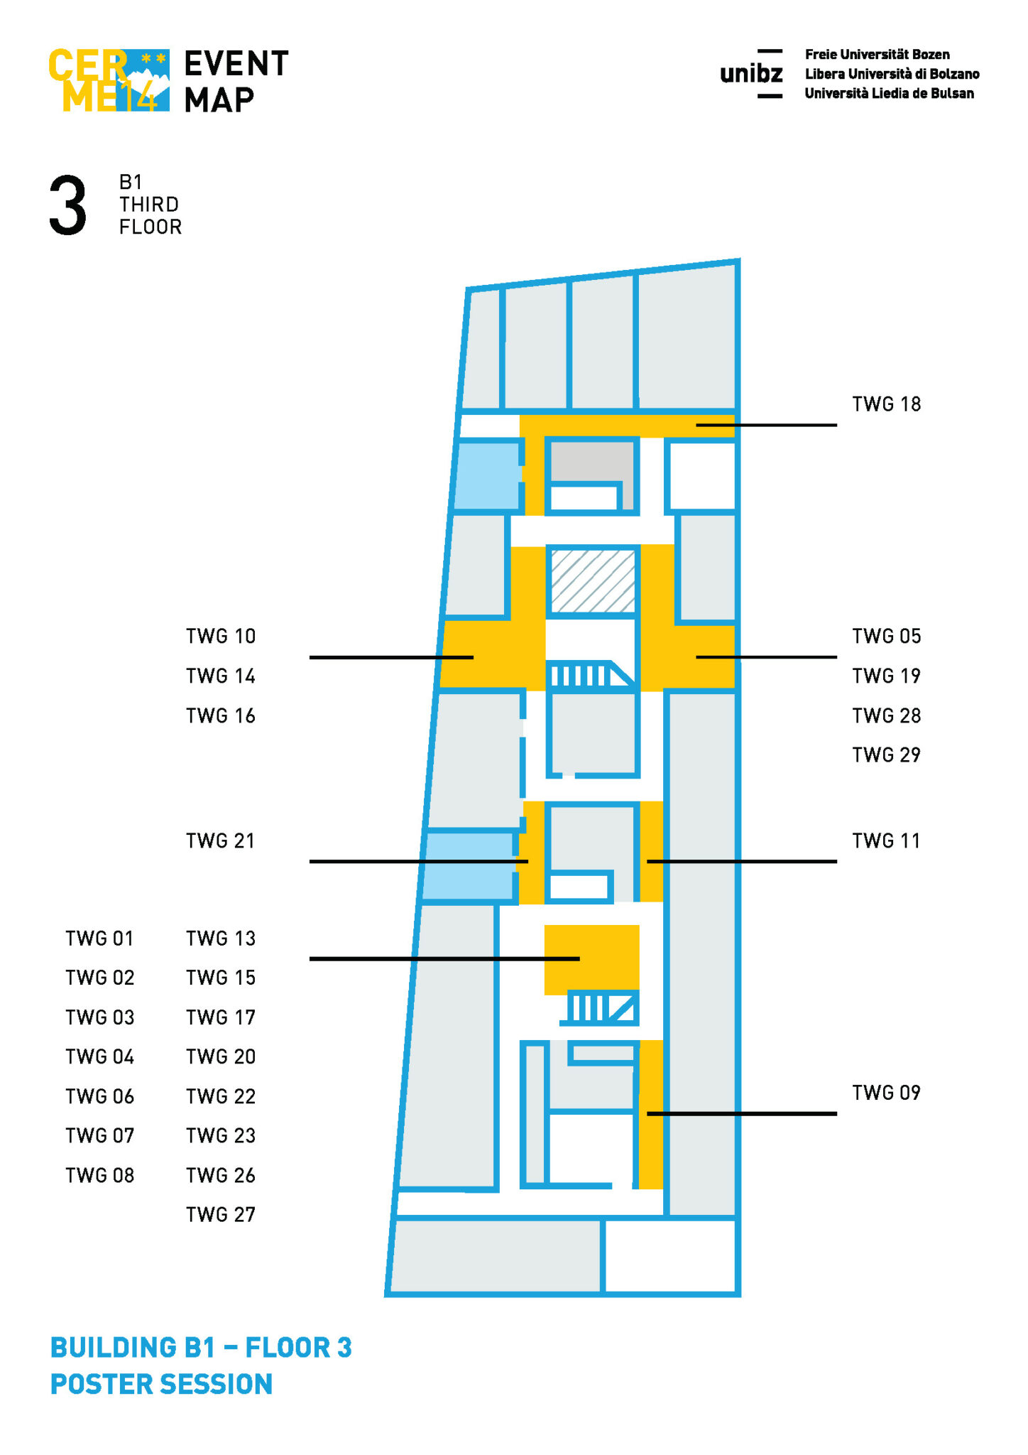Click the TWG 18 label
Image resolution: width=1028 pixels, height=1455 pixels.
pos(886,404)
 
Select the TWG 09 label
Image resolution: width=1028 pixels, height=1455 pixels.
pos(886,1093)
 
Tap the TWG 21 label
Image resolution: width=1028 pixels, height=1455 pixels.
pos(220,841)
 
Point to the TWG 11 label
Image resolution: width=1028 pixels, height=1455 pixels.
pos(886,841)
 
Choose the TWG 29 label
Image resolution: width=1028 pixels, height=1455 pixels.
pos(886,754)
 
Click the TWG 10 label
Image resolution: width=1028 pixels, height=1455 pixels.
pos(220,637)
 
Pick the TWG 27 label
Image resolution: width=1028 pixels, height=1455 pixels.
pos(220,1215)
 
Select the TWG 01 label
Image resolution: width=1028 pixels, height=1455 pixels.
pos(99,939)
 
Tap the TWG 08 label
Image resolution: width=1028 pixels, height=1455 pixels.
pos(99,1176)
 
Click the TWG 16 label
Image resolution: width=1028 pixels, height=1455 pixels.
pos(220,715)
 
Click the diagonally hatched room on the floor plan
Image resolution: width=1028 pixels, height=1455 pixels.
pos(593,581)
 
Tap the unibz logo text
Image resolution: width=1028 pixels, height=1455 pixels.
pos(751,73)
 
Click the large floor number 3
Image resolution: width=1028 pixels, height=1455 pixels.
pos(68,206)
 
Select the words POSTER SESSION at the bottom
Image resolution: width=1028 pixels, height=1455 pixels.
pos(161,1384)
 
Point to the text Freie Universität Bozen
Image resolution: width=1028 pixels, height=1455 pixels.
pos(877,55)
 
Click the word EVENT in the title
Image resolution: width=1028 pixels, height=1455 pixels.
pos(236,63)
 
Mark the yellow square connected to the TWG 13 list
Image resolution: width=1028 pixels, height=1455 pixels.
pos(592,959)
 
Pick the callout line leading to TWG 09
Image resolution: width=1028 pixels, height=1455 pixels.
pos(742,1113)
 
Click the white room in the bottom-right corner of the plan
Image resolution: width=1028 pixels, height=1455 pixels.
pos(669,1256)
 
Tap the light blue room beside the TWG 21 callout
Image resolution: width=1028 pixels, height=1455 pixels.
pos(469,866)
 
